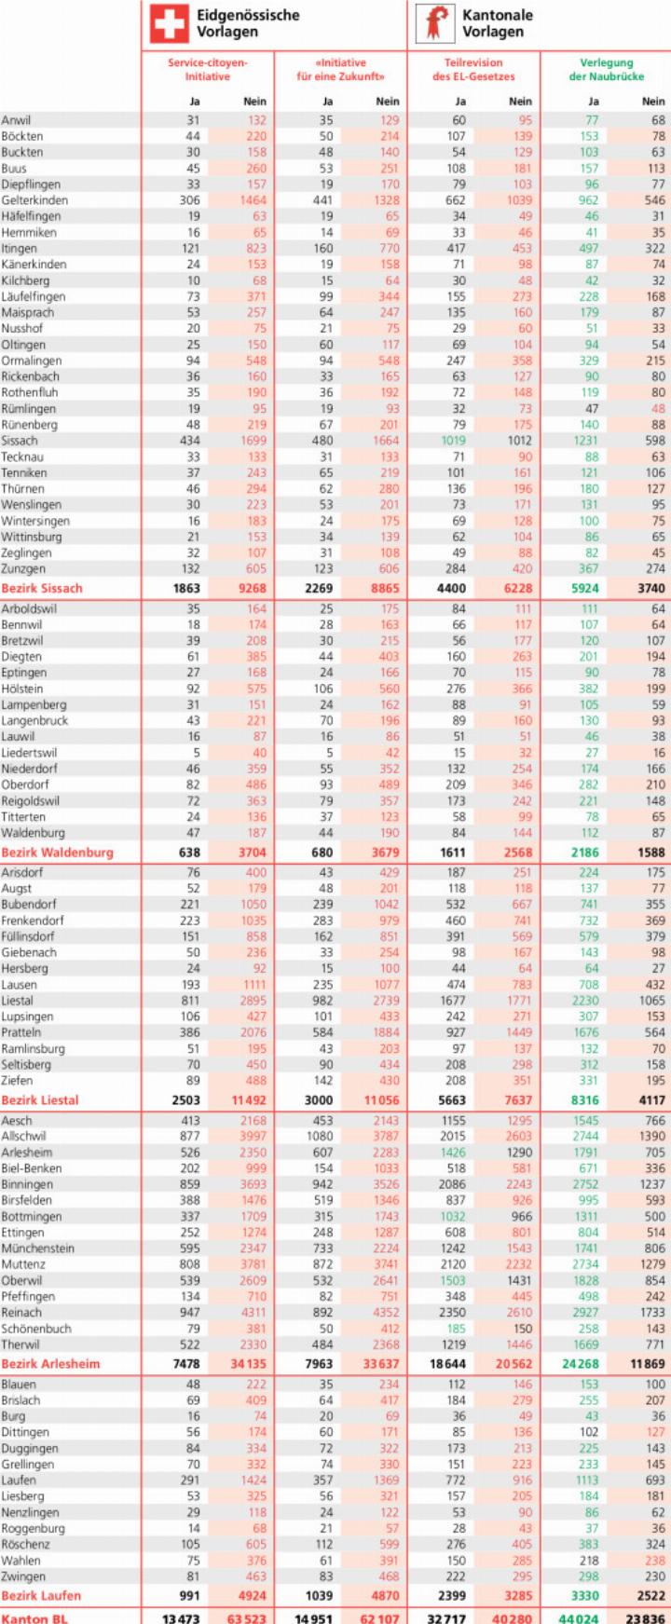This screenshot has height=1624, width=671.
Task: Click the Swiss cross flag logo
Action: click(169, 23)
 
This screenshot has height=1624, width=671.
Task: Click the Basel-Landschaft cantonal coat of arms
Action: click(433, 23)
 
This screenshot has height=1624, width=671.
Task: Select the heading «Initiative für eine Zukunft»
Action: click(340, 70)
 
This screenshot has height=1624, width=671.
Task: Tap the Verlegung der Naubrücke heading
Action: click(606, 70)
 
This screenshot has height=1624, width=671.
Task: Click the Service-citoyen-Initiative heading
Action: click(208, 70)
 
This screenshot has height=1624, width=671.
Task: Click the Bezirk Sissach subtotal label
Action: click(42, 588)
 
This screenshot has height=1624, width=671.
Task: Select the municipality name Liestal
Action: click(17, 1001)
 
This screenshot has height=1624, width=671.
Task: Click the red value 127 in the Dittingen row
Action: click(655, 1432)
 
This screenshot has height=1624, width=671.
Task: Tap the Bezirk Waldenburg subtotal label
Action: click(57, 852)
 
